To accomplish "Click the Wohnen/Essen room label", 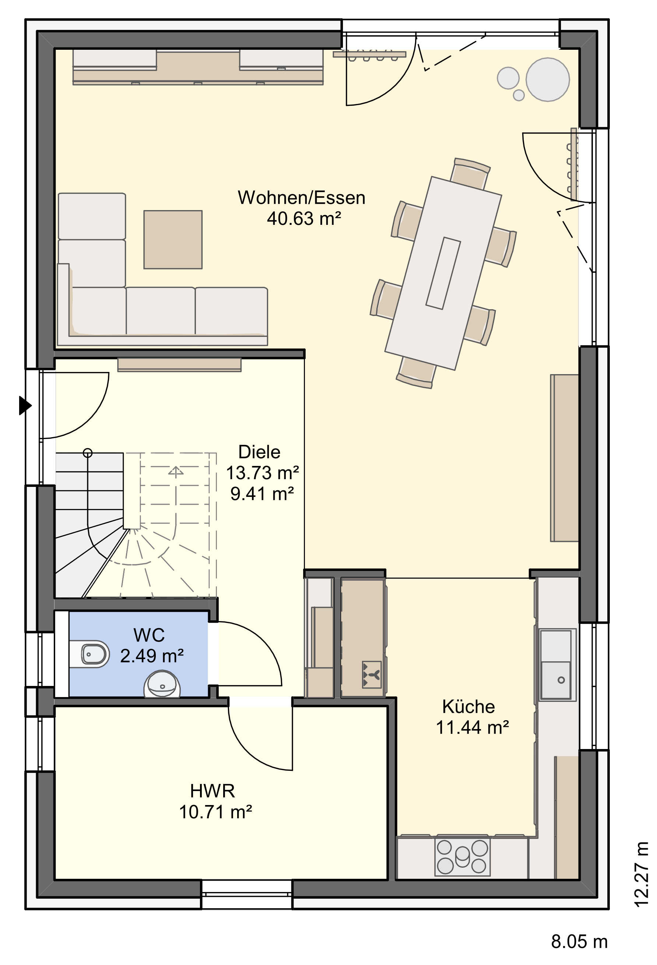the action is [301, 198].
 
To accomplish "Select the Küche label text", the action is [468, 706].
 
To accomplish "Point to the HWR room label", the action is [212, 791].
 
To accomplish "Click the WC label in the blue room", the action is [149, 635].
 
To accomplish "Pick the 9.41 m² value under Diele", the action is [262, 494].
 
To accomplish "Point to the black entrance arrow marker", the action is [25, 405].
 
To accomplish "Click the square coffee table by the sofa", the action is [173, 240].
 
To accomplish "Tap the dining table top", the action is [443, 273].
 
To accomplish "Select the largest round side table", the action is [548, 79].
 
